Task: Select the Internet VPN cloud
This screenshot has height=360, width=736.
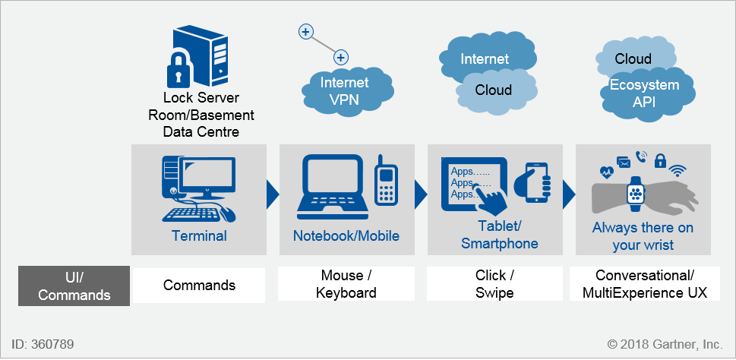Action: point(345,90)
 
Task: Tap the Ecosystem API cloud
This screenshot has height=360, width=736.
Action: point(646,93)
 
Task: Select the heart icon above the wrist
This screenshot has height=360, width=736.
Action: point(606,172)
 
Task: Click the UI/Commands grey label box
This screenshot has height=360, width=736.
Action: point(74,286)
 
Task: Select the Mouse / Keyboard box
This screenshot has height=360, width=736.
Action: point(346,284)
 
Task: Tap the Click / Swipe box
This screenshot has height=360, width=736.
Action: point(494,284)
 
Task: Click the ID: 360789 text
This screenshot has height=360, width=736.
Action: point(43,344)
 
